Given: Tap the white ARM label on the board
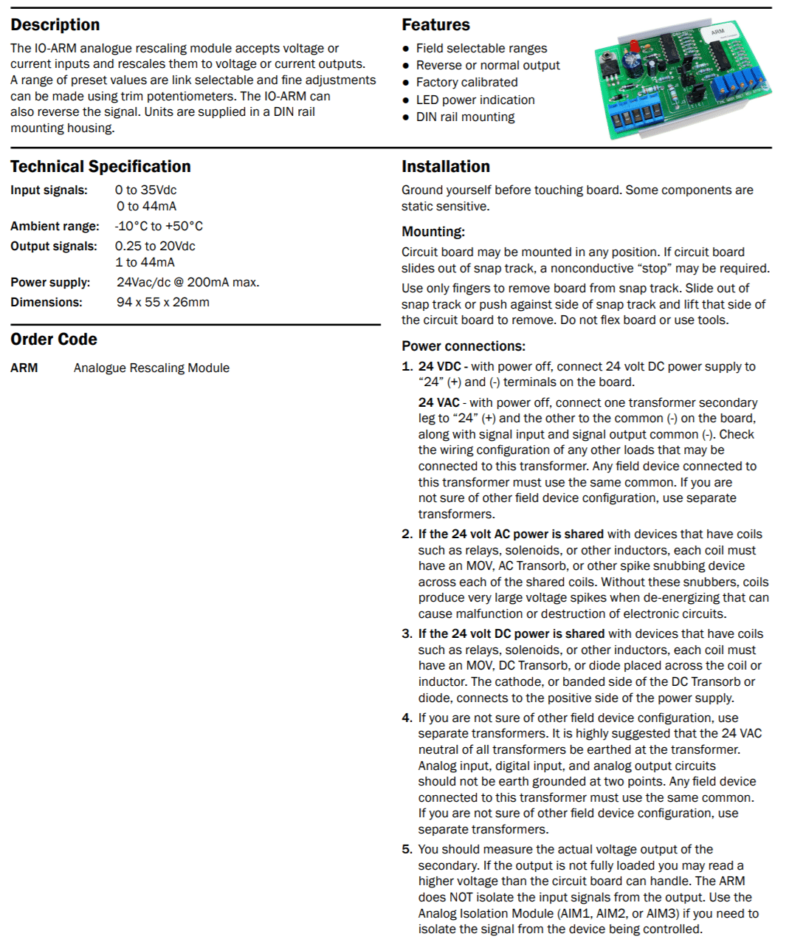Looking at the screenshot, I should pyautogui.click(x=717, y=32).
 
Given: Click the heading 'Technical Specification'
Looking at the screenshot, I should pyautogui.click(x=100, y=167).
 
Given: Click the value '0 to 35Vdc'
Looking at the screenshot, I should pyautogui.click(x=145, y=190).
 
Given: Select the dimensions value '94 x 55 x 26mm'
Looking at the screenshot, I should pyautogui.click(x=162, y=302).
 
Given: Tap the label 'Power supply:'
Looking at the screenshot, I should pyautogui.click(x=50, y=282).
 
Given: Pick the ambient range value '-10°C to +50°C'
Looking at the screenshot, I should pyautogui.click(x=159, y=226).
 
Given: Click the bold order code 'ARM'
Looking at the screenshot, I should pyautogui.click(x=24, y=368).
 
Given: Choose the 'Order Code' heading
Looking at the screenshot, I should pyautogui.click(x=54, y=340).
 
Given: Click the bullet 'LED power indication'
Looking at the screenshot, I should pyautogui.click(x=475, y=100).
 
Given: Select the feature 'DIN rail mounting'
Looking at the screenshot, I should pyautogui.click(x=465, y=117).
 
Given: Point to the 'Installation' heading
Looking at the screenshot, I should pyautogui.click(x=446, y=167).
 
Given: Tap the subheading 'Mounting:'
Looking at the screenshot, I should pyautogui.click(x=433, y=232).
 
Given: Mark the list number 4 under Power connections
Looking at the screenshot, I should pyautogui.click(x=407, y=718).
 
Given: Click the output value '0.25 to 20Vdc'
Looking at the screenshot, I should pyautogui.click(x=155, y=246).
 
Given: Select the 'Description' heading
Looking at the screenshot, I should pyautogui.click(x=55, y=25).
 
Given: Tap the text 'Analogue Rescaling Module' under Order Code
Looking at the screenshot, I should pyautogui.click(x=151, y=368).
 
